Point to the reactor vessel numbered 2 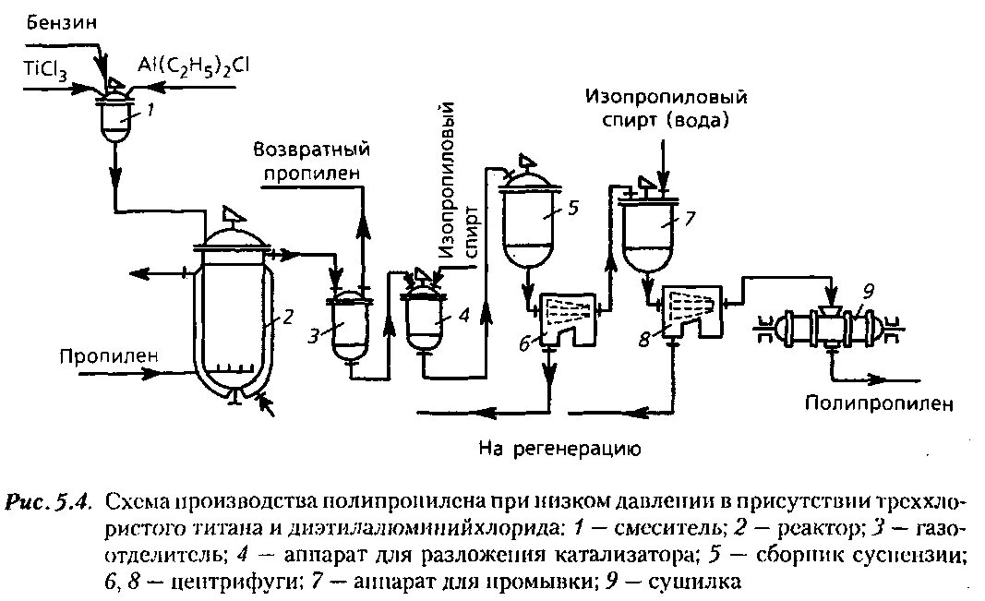[233, 314]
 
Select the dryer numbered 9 [826, 327]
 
